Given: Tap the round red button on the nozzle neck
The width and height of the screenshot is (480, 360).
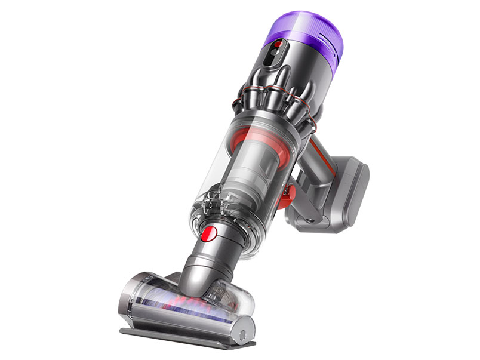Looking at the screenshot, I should click(x=210, y=233).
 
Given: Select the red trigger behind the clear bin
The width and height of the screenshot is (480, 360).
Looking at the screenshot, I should click(x=291, y=191).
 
